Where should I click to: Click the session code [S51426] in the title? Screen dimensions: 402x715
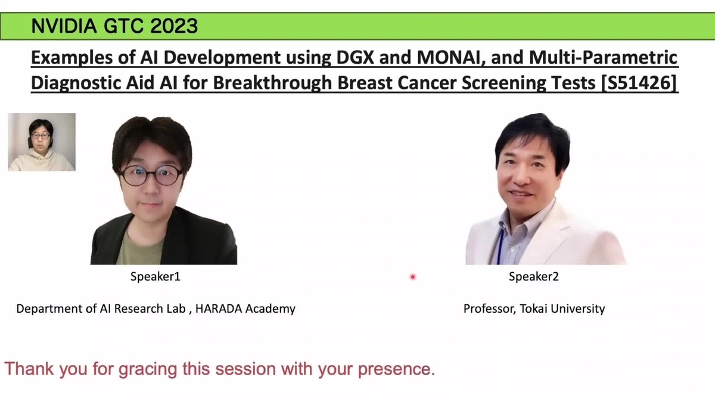(x=639, y=83)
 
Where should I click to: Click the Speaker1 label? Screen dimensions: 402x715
(x=155, y=276)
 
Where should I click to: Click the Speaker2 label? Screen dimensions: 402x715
(x=533, y=276)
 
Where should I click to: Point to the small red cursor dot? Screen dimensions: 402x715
(x=412, y=276)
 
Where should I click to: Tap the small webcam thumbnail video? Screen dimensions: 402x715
(x=42, y=142)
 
